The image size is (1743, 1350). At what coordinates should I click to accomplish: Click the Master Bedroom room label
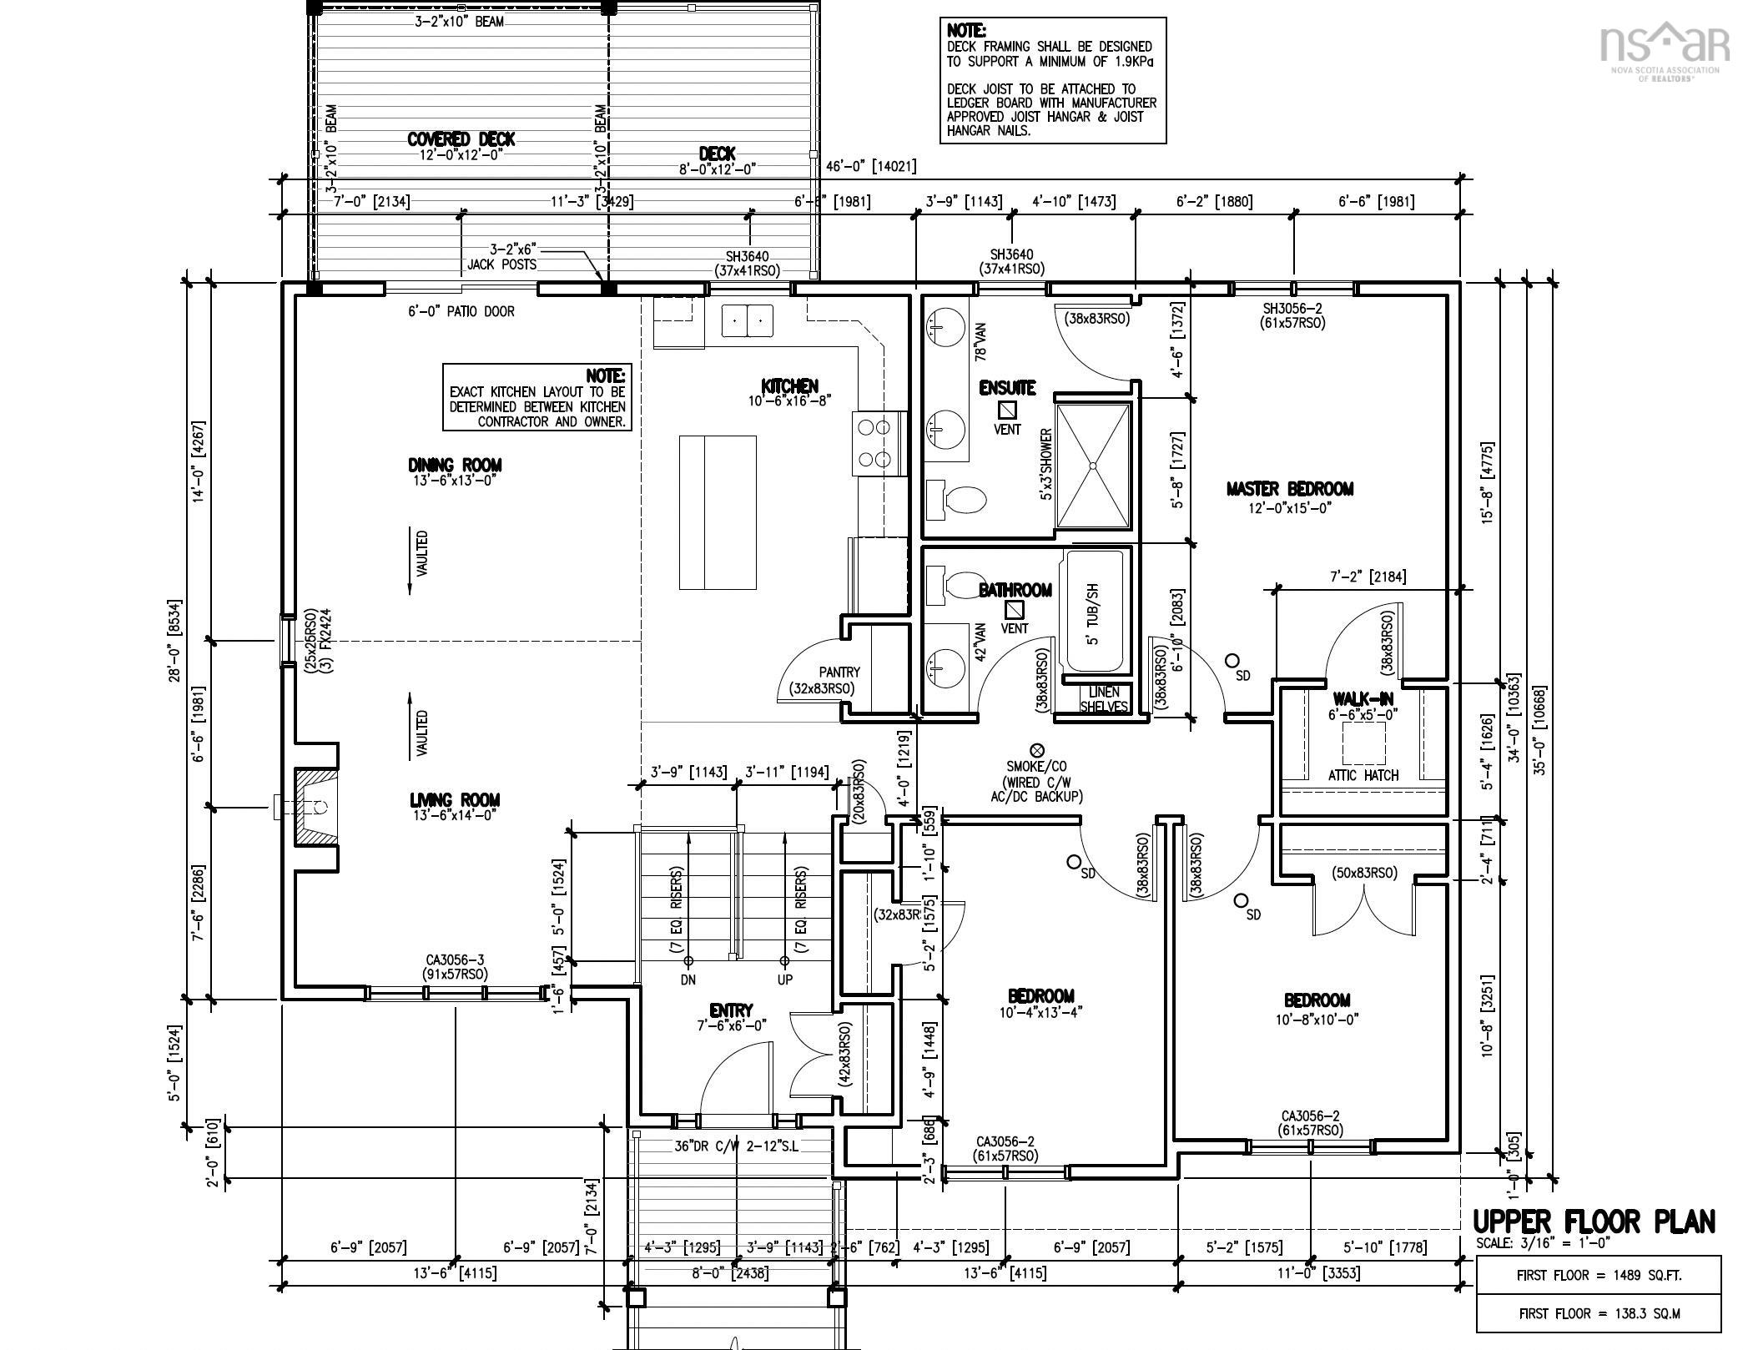click(1289, 489)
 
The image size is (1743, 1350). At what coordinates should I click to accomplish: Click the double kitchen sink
click(748, 320)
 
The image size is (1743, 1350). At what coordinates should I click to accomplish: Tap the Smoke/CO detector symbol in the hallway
click(1037, 750)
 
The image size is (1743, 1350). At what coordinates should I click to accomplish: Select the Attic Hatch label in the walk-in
click(1363, 775)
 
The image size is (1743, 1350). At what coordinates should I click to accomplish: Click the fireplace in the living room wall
click(313, 807)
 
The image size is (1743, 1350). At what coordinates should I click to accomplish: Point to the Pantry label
click(839, 672)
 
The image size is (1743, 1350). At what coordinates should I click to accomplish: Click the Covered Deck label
click(461, 139)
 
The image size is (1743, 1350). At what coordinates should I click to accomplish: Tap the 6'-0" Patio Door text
click(461, 311)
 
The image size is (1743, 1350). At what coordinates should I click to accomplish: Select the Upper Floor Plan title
click(1594, 1222)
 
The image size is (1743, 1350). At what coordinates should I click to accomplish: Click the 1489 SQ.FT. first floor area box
click(1598, 1275)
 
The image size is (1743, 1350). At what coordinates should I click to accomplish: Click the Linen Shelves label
click(1103, 699)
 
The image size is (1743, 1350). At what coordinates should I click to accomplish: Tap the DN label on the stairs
click(688, 979)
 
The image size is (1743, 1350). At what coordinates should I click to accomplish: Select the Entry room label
click(731, 1010)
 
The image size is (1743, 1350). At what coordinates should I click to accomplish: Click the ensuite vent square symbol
click(1008, 410)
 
